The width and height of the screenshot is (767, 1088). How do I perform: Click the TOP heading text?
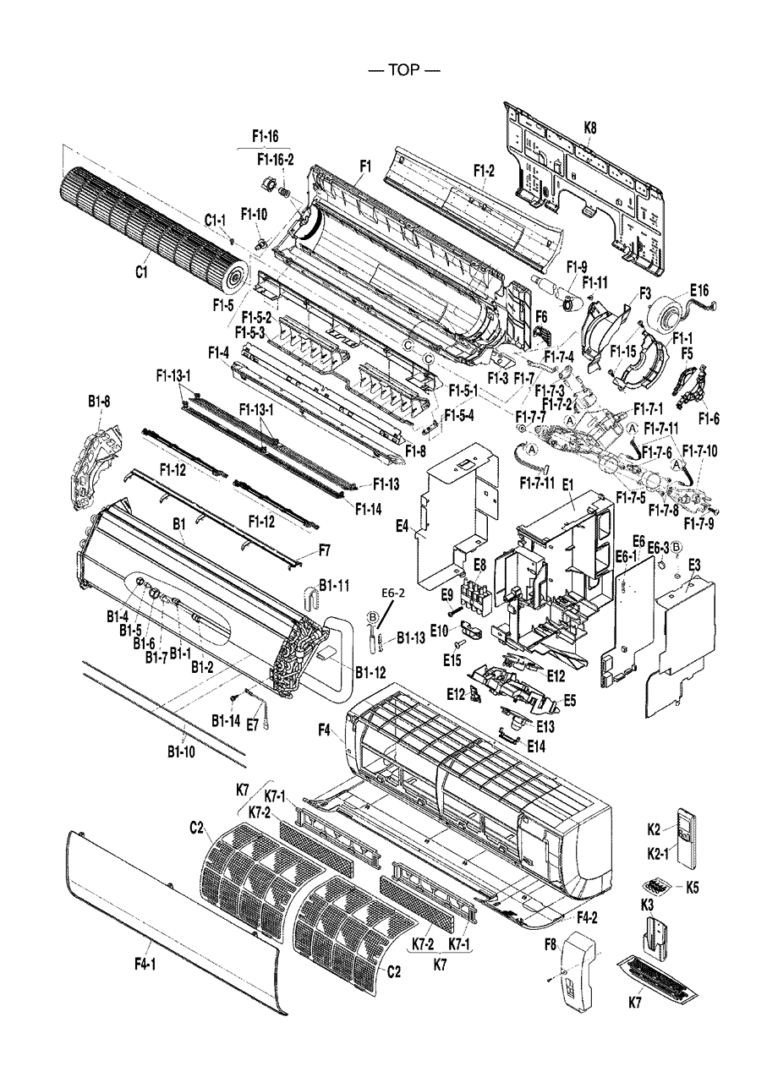point(404,70)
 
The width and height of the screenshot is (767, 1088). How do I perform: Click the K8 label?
point(589,128)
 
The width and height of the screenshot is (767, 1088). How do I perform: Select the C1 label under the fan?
point(143,272)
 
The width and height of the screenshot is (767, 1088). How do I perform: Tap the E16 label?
point(699,290)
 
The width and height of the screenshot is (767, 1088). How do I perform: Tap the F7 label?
point(324,550)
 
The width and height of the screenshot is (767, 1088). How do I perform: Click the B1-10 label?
point(182,750)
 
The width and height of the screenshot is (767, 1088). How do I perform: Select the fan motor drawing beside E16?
point(667,314)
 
